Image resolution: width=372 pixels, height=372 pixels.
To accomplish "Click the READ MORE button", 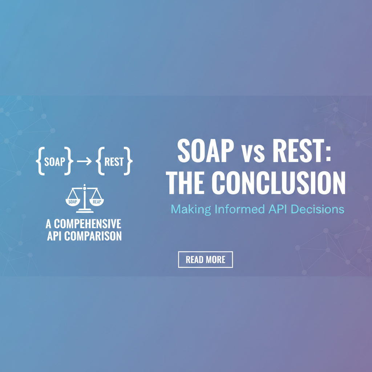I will [205, 259].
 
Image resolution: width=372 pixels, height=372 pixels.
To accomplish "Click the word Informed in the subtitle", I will [231, 209].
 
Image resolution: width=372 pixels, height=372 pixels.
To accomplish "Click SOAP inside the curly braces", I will [54, 162].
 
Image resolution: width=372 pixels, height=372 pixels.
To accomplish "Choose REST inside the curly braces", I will [114, 162].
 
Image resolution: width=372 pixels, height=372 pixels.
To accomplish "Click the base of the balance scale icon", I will [85, 211].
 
